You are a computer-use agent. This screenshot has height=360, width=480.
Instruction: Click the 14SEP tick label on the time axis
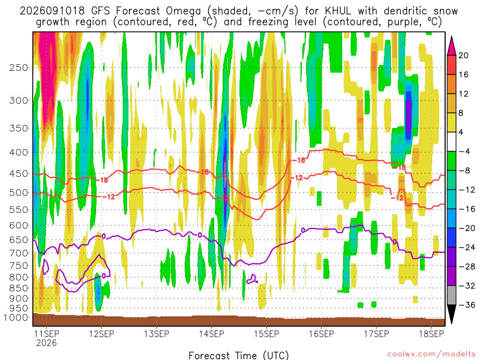(211, 334)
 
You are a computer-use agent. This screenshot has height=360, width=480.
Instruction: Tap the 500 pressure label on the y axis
(19, 193)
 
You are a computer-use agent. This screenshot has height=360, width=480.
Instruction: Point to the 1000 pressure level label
(16, 317)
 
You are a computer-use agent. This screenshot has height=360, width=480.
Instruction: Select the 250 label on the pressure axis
(19, 67)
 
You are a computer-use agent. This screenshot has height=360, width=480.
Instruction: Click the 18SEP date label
(431, 334)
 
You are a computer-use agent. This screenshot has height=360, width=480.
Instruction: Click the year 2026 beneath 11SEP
(46, 343)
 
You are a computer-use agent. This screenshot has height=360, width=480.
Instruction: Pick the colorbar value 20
(464, 55)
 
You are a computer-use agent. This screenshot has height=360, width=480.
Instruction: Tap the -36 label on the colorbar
(466, 305)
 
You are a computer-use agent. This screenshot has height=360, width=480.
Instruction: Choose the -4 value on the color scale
(464, 151)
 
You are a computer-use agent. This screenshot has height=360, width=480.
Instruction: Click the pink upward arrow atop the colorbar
(451, 46)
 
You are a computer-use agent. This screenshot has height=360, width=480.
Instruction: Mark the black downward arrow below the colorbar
(451, 314)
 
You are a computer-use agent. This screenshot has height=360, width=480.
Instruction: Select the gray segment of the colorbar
(451, 295)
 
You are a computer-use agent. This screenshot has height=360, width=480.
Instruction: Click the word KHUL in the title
(337, 11)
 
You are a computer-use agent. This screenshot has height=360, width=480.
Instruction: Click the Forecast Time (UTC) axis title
(239, 355)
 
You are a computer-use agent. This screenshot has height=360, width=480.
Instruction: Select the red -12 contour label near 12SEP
(109, 196)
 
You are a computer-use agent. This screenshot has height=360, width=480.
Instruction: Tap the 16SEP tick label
(322, 334)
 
